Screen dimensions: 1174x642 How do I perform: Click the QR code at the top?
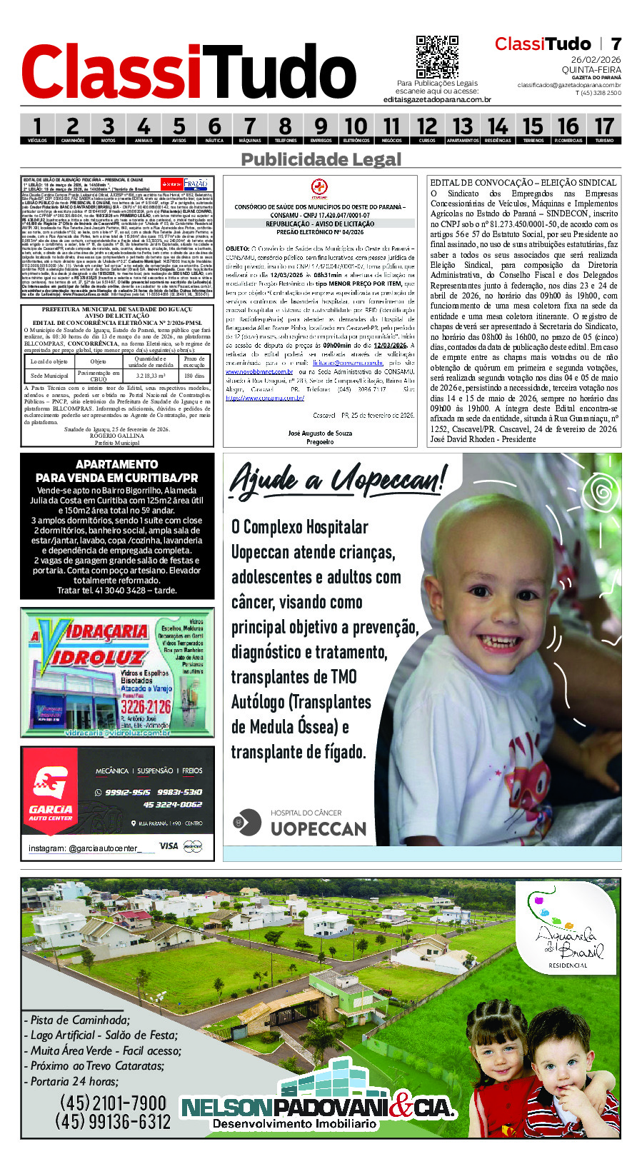[437, 57]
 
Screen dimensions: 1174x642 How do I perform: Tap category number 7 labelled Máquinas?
[249, 129]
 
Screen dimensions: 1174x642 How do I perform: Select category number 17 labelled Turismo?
[604, 129]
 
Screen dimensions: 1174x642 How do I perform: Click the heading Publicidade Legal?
[321, 159]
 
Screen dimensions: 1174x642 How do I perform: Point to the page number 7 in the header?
[616, 44]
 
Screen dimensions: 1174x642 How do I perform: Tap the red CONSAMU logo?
[319, 189]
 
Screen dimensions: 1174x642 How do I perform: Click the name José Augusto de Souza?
[320, 433]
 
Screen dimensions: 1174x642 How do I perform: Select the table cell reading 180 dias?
[194, 376]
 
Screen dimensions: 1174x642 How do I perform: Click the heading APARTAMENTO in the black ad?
[117, 464]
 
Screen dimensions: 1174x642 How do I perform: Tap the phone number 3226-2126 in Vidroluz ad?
[145, 706]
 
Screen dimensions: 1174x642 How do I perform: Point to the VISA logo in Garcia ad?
[169, 846]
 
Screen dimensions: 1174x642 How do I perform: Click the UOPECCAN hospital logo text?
[318, 828]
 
